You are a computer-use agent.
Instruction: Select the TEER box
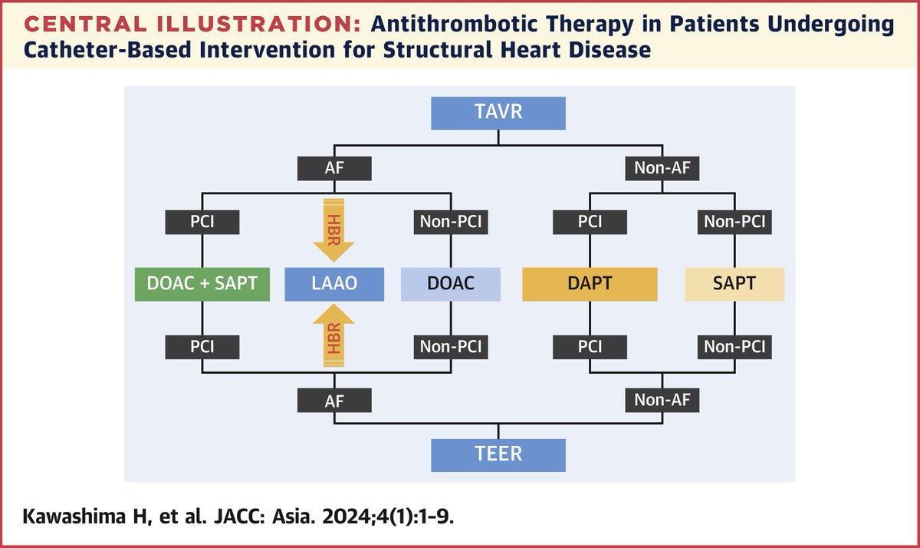498,453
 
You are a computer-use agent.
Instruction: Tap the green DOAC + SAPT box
202,283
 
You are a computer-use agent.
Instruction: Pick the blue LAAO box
334,283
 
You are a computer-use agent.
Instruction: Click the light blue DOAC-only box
450,283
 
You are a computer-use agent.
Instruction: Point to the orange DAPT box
590,283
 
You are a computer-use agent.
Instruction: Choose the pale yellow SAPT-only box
734,283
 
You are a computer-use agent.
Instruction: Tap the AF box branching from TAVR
334,167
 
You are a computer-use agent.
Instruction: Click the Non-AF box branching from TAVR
662,167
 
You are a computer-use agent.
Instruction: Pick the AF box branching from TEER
334,400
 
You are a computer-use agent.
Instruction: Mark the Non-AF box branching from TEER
662,400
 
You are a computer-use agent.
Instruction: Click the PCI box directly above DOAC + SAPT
202,223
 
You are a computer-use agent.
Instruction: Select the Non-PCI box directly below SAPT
734,346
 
